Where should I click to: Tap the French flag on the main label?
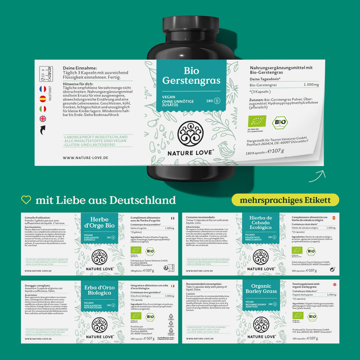[43, 89]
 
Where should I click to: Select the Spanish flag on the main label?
[43, 99]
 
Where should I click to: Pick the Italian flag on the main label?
[43, 109]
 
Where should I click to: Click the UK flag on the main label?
[43, 119]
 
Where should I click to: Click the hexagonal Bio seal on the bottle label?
[279, 122]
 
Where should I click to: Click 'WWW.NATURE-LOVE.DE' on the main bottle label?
[86, 157]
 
